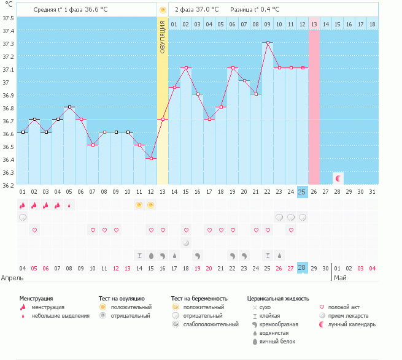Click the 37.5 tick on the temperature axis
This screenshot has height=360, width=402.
coord(8,17)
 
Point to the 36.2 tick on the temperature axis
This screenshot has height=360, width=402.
coord(8,185)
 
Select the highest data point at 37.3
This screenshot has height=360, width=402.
coord(268,43)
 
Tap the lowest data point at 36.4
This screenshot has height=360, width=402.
coord(151,158)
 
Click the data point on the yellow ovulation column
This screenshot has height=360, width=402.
coord(163,120)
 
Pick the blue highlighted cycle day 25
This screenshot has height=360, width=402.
coord(302,192)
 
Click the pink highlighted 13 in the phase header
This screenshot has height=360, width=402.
coord(314,24)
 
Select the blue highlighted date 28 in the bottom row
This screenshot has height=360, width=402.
coord(302,268)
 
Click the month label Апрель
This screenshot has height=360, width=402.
coord(12,278)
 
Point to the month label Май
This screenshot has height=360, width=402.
coord(340,278)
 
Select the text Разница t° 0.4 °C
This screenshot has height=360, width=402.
coord(255,10)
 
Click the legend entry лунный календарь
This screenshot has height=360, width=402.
coord(352,324)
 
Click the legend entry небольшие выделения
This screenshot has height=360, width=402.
coord(60,316)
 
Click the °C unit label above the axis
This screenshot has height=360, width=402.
coord(9,6)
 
